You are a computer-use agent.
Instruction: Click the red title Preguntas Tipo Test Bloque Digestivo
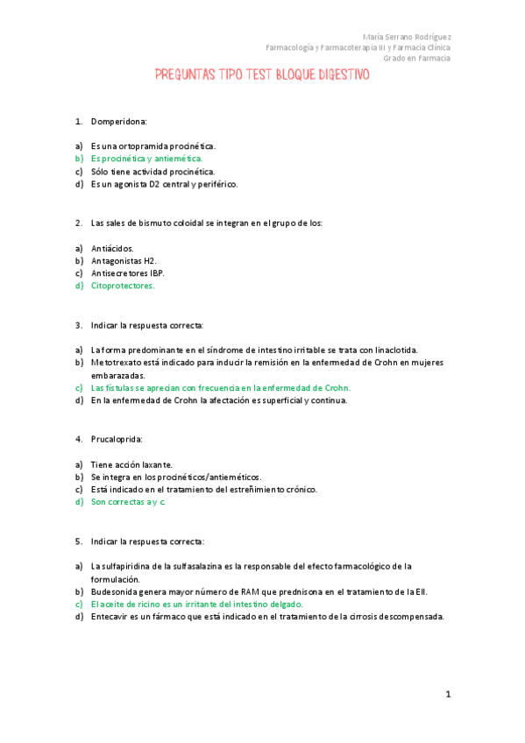tap(262, 75)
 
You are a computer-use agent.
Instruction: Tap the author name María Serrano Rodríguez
tap(407, 37)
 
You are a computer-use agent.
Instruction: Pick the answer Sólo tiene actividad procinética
tap(153, 172)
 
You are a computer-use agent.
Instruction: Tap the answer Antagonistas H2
tap(124, 261)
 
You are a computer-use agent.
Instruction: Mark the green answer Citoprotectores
tap(123, 286)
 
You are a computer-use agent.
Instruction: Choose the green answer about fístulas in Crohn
tap(220, 387)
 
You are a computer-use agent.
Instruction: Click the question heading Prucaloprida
tap(117, 438)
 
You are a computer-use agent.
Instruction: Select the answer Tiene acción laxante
tap(131, 464)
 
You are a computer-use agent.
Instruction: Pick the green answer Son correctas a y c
tap(128, 502)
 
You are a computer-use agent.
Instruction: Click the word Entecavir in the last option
tap(110, 616)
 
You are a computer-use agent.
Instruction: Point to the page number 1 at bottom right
tap(447, 695)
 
